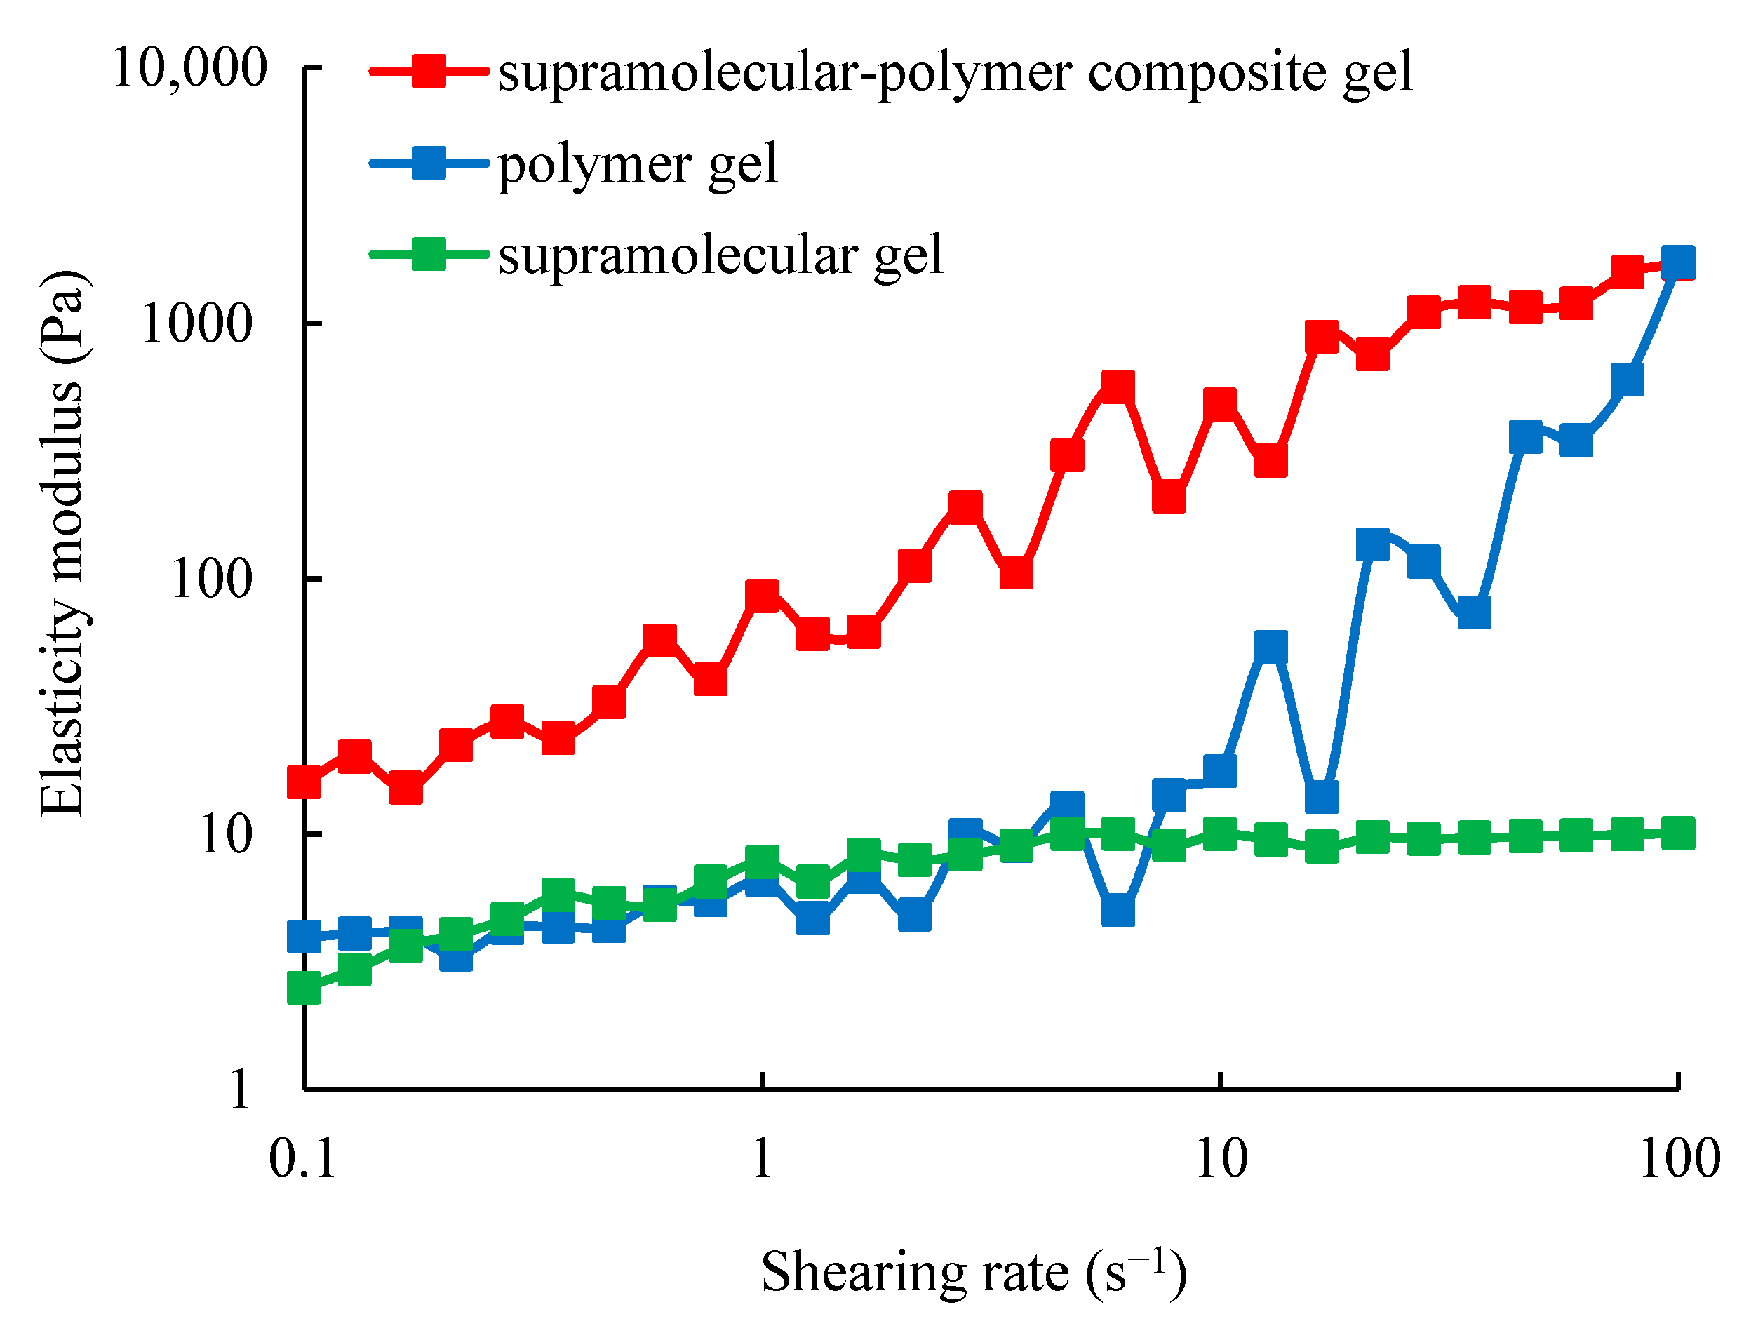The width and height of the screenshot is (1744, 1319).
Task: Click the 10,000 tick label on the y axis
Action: tap(190, 68)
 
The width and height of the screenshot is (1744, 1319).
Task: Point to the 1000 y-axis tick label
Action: tap(196, 323)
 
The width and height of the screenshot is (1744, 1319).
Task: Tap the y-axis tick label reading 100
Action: tap(210, 579)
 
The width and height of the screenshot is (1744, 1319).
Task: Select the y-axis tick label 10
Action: tap(225, 834)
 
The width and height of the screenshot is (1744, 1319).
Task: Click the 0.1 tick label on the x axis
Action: tap(303, 1159)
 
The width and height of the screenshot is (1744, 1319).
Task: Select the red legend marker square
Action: tap(430, 70)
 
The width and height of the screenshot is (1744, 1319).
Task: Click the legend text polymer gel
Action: tap(637, 164)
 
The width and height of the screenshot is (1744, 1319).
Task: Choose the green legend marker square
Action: tap(430, 254)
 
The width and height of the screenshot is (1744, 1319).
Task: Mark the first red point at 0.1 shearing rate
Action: tap(304, 783)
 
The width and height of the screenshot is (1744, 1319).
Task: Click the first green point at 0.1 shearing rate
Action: tap(304, 988)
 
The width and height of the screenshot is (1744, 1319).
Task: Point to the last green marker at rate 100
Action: tap(1679, 833)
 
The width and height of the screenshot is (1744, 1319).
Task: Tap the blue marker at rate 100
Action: tap(1679, 262)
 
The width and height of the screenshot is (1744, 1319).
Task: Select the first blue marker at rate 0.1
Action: tap(304, 937)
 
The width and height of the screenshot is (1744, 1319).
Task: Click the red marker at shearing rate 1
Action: tap(763, 596)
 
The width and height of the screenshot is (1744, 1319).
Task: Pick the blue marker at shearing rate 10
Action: tap(1220, 770)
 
